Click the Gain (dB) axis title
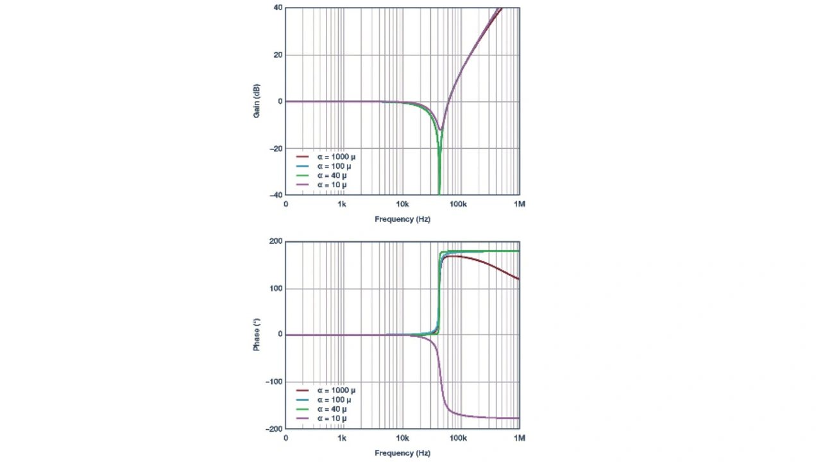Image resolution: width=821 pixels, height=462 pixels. [x=257, y=101]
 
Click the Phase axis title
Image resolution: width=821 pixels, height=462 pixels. [x=257, y=336]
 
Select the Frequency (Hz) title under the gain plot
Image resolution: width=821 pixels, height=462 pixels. [x=402, y=219]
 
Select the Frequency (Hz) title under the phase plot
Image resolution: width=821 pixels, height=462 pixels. [x=402, y=453]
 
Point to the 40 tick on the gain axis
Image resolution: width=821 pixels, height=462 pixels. [x=278, y=8]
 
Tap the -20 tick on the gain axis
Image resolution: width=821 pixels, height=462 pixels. [x=276, y=148]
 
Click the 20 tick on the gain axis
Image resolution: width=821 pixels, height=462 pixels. [x=278, y=55]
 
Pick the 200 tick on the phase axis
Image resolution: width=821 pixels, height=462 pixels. [x=276, y=241]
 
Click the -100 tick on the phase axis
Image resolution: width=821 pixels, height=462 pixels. [x=275, y=382]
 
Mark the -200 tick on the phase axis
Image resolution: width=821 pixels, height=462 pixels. [x=275, y=429]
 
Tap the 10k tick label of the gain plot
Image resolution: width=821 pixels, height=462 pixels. [x=402, y=205]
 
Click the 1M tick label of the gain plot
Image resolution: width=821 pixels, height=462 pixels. [x=520, y=205]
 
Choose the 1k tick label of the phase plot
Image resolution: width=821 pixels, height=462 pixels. [x=342, y=438]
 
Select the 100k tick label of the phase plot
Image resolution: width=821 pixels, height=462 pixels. [x=457, y=438]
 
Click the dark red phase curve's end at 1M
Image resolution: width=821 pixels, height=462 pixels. [x=518, y=279]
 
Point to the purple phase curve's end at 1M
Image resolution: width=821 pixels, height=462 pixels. [x=518, y=418]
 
